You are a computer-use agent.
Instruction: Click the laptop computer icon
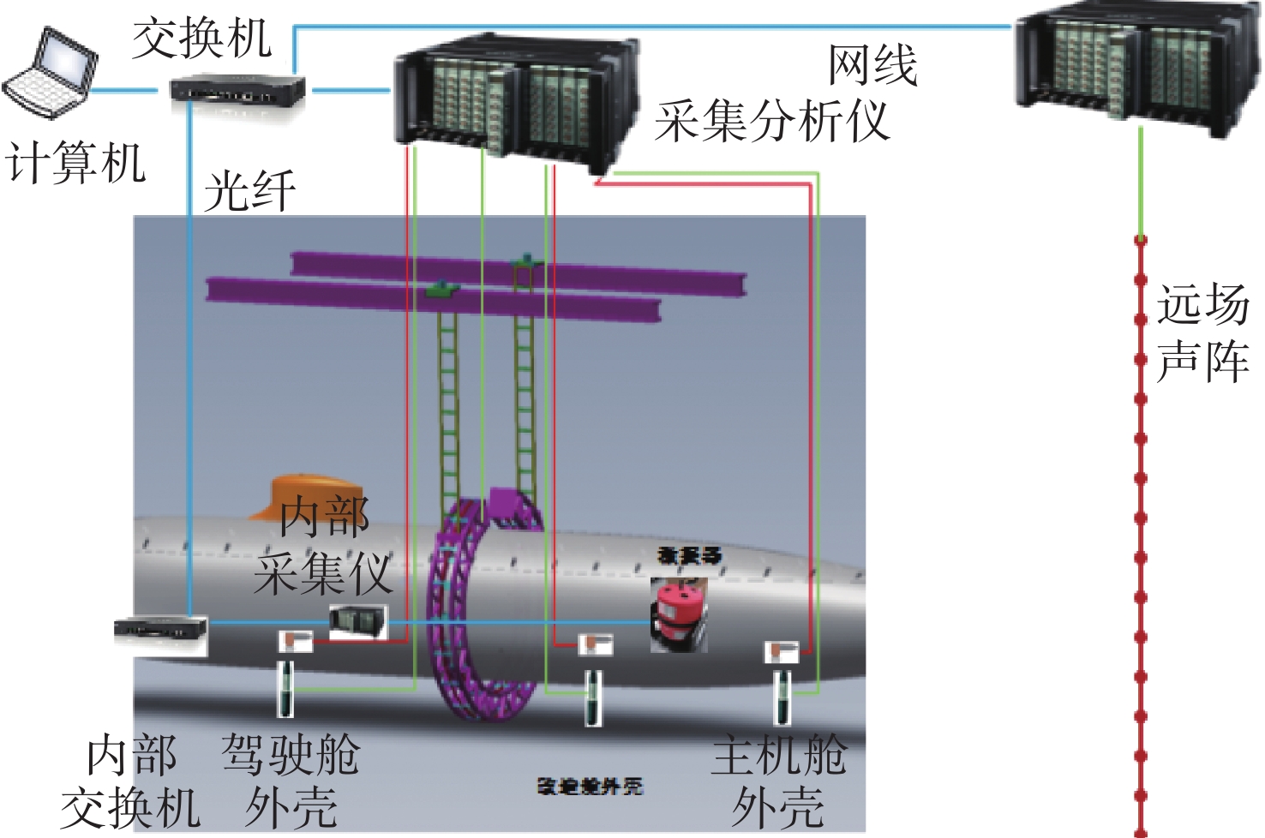coord(50,73)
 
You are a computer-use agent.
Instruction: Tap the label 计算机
coord(75,162)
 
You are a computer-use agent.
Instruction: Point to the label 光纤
coord(250,190)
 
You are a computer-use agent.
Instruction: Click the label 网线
coord(872,65)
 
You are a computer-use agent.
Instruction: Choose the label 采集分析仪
coord(771,120)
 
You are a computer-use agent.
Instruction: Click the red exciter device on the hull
coord(680,614)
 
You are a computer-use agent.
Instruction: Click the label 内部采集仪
coord(324,545)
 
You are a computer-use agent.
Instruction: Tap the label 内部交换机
coord(131,781)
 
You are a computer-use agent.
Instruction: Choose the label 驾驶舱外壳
coord(291,781)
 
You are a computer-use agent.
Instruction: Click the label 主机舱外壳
coord(778,781)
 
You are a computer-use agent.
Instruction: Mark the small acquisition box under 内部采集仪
coord(358,621)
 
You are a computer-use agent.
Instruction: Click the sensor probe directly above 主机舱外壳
coord(782,696)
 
